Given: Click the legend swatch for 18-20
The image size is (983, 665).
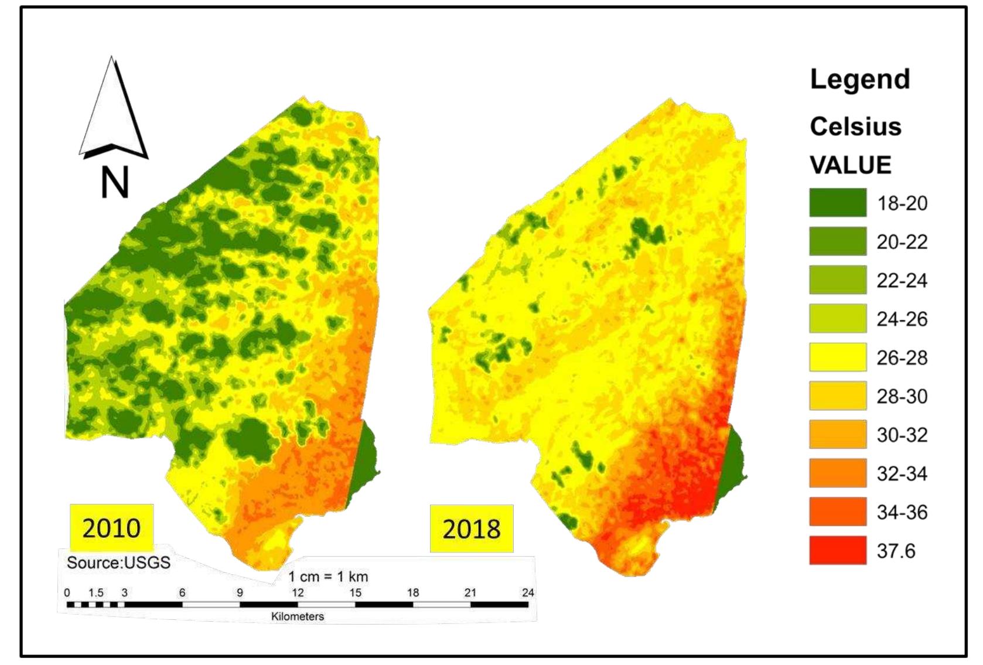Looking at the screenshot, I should click(837, 203).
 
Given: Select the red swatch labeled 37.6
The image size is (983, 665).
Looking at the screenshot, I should click(837, 550).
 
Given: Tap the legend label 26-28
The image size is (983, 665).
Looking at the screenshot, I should click(902, 357).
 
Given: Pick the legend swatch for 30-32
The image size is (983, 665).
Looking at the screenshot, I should click(837, 434).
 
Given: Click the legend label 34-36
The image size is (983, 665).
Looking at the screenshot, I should click(902, 512).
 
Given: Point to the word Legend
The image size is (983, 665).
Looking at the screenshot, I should click(859, 79).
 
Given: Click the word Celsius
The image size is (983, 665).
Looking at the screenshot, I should click(855, 127).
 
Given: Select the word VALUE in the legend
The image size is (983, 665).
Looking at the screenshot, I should click(850, 165).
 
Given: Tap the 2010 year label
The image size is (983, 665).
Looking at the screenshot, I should click(111, 528).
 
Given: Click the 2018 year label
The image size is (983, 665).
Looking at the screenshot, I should click(472, 528).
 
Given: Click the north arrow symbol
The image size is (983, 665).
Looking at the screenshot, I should click(113, 111).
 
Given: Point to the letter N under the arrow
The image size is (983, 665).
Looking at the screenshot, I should click(114, 183).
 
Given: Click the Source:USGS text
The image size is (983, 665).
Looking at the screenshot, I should click(118, 563).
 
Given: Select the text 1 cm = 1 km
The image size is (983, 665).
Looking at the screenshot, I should click(328, 577).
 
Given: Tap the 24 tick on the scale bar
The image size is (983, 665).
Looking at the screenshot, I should click(528, 593).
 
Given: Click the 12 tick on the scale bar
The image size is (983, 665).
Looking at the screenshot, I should click(298, 593).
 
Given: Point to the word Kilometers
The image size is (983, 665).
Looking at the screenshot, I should click(297, 616).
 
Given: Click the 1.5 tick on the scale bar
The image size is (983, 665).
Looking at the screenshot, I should click(96, 593).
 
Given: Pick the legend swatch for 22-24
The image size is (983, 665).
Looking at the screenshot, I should click(837, 279).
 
